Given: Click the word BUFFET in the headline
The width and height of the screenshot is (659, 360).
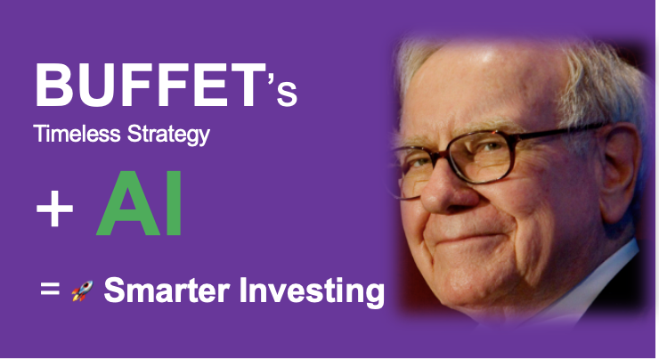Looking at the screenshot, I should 143,87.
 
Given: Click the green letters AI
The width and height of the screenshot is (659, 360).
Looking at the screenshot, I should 140,209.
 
